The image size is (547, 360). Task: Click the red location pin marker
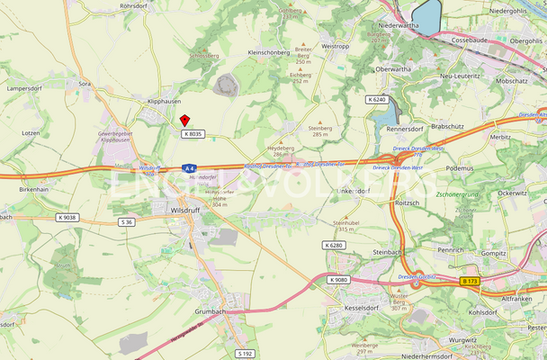coord(184,120)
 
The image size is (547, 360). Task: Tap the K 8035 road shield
coord(193,134)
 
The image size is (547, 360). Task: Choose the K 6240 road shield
coord(376,99)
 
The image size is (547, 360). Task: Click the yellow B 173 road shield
coord(471,282)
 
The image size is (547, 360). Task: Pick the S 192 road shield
coord(246,353)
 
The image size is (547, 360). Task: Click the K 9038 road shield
coord(67,217)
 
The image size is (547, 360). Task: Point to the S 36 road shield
coord(127,221)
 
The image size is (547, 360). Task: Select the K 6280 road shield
coord(333,245)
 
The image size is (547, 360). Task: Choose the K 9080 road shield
coord(338,280)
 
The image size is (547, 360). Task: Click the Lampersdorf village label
coord(25,89)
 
